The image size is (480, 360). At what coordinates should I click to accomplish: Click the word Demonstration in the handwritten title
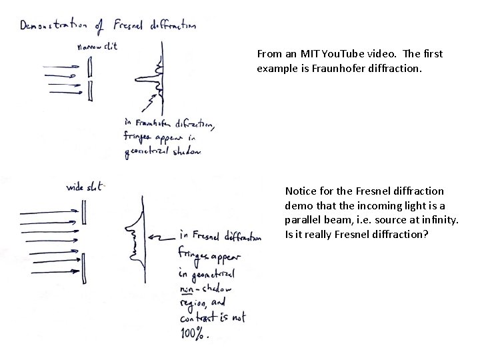pyautogui.click(x=56, y=27)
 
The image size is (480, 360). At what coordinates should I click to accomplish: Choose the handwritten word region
pyautogui.click(x=193, y=303)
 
